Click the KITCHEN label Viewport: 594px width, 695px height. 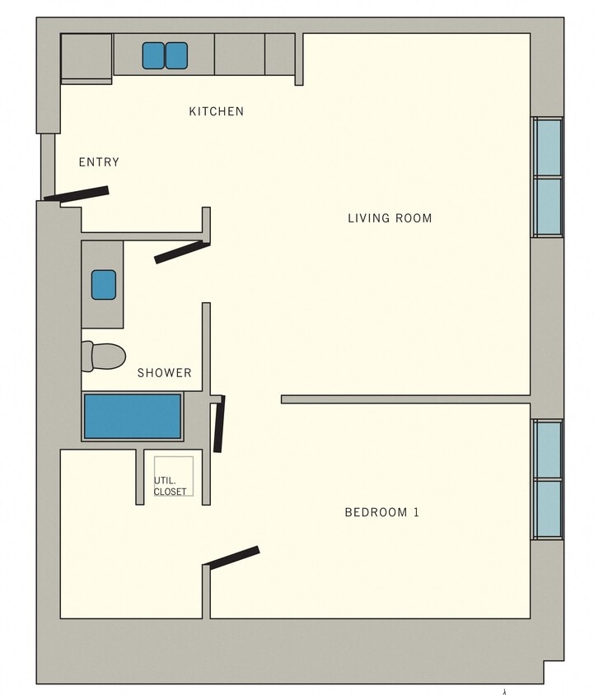pyautogui.click(x=216, y=111)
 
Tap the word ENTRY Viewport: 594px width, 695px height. pyautogui.click(x=99, y=162)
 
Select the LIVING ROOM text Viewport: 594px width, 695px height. pyautogui.click(x=389, y=218)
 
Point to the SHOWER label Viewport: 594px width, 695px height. pyautogui.click(x=164, y=373)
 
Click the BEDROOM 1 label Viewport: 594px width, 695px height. pyautogui.click(x=381, y=512)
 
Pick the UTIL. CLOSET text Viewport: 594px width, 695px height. pyautogui.click(x=170, y=487)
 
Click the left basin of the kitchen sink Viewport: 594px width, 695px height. pyautogui.click(x=153, y=55)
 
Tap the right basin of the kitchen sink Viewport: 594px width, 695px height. pyautogui.click(x=176, y=55)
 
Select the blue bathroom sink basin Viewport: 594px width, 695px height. pyautogui.click(x=103, y=284)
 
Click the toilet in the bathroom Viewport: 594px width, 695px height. pyautogui.click(x=104, y=356)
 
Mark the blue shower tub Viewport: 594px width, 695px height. pyautogui.click(x=132, y=417)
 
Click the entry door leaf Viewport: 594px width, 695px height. pyautogui.click(x=77, y=194)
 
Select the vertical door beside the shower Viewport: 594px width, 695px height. pyautogui.click(x=218, y=424)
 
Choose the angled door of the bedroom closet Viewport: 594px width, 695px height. pyautogui.click(x=233, y=557)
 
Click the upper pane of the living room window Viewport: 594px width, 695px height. pyautogui.click(x=547, y=147)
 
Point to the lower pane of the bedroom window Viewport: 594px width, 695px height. pyautogui.click(x=547, y=508)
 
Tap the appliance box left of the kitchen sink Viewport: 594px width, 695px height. pyautogui.click(x=87, y=56)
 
